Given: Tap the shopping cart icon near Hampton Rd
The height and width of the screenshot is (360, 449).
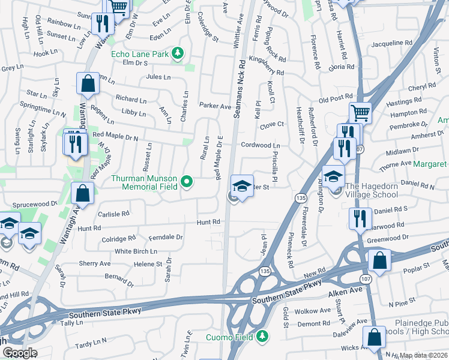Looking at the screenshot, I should (360, 112).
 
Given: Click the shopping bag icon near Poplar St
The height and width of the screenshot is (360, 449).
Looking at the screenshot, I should (379, 261).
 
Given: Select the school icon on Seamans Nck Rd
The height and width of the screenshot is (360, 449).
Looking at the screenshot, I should (242, 187).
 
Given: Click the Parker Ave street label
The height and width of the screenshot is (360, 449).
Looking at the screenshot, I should (215, 106).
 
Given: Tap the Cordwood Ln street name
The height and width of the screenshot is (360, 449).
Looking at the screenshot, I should (261, 145).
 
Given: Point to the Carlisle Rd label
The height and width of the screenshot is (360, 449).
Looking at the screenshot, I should (113, 214).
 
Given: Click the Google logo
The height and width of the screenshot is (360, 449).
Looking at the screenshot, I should (20, 353).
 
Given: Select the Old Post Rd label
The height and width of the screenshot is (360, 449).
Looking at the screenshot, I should (335, 98).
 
